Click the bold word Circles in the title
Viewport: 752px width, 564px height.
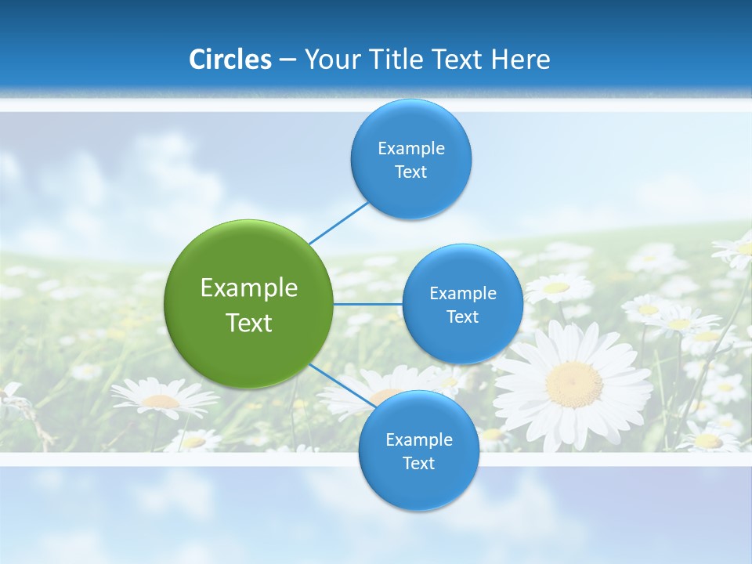pyautogui.click(x=230, y=60)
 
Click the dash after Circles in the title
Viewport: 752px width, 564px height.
pyautogui.click(x=287, y=60)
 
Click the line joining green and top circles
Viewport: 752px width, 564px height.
pyautogui.click(x=338, y=222)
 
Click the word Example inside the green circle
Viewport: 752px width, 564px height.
pyautogui.click(x=249, y=288)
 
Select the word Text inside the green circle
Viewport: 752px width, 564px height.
pyautogui.click(x=249, y=323)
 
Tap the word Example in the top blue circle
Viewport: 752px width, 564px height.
pyautogui.click(x=410, y=149)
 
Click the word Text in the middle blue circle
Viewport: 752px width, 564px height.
pyautogui.click(x=462, y=317)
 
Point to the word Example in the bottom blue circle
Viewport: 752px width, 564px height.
pyautogui.click(x=418, y=440)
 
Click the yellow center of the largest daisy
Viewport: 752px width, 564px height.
pyautogui.click(x=574, y=384)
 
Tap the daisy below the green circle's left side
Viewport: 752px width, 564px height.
pyautogui.click(x=164, y=400)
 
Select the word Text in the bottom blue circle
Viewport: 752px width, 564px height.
pyautogui.click(x=418, y=464)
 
